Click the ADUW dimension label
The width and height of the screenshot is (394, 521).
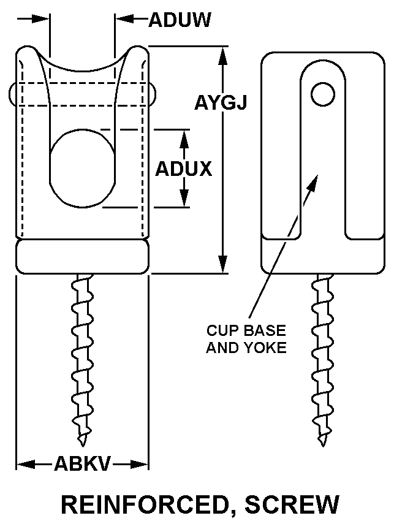pyautogui.click(x=180, y=20)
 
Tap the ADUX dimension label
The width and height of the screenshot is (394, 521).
pyautogui.click(x=183, y=169)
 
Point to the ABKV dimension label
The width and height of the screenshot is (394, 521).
pyautogui.click(x=82, y=464)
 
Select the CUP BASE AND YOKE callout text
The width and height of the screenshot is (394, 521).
pyautogui.click(x=246, y=339)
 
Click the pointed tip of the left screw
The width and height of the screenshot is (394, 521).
pyautogui.click(x=81, y=443)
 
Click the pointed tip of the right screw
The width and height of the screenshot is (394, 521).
pyautogui.click(x=321, y=443)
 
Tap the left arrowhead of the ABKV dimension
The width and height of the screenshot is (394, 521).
pyautogui.click(x=23, y=464)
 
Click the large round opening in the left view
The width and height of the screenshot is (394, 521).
pyautogui.click(x=82, y=165)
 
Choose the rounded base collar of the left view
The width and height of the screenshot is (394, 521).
pyautogui.click(x=82, y=256)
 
